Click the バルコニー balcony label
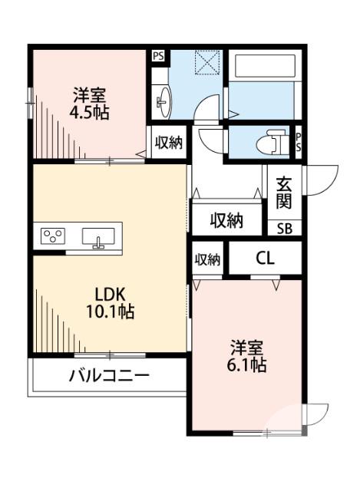coord(109,377)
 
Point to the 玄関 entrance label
coord(284,194)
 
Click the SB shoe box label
coord(284,228)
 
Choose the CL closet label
coord(265,259)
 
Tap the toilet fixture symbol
coord(269,143)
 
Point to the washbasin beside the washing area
coord(164,99)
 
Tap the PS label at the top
coord(158,55)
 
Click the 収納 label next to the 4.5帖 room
coord(169,143)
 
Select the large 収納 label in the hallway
coord(227,221)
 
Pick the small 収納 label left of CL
coord(207,259)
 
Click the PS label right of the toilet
coord(299,142)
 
